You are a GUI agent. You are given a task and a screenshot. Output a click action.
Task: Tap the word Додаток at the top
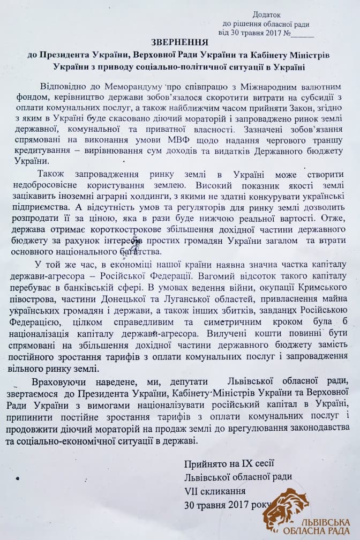point(266,14)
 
